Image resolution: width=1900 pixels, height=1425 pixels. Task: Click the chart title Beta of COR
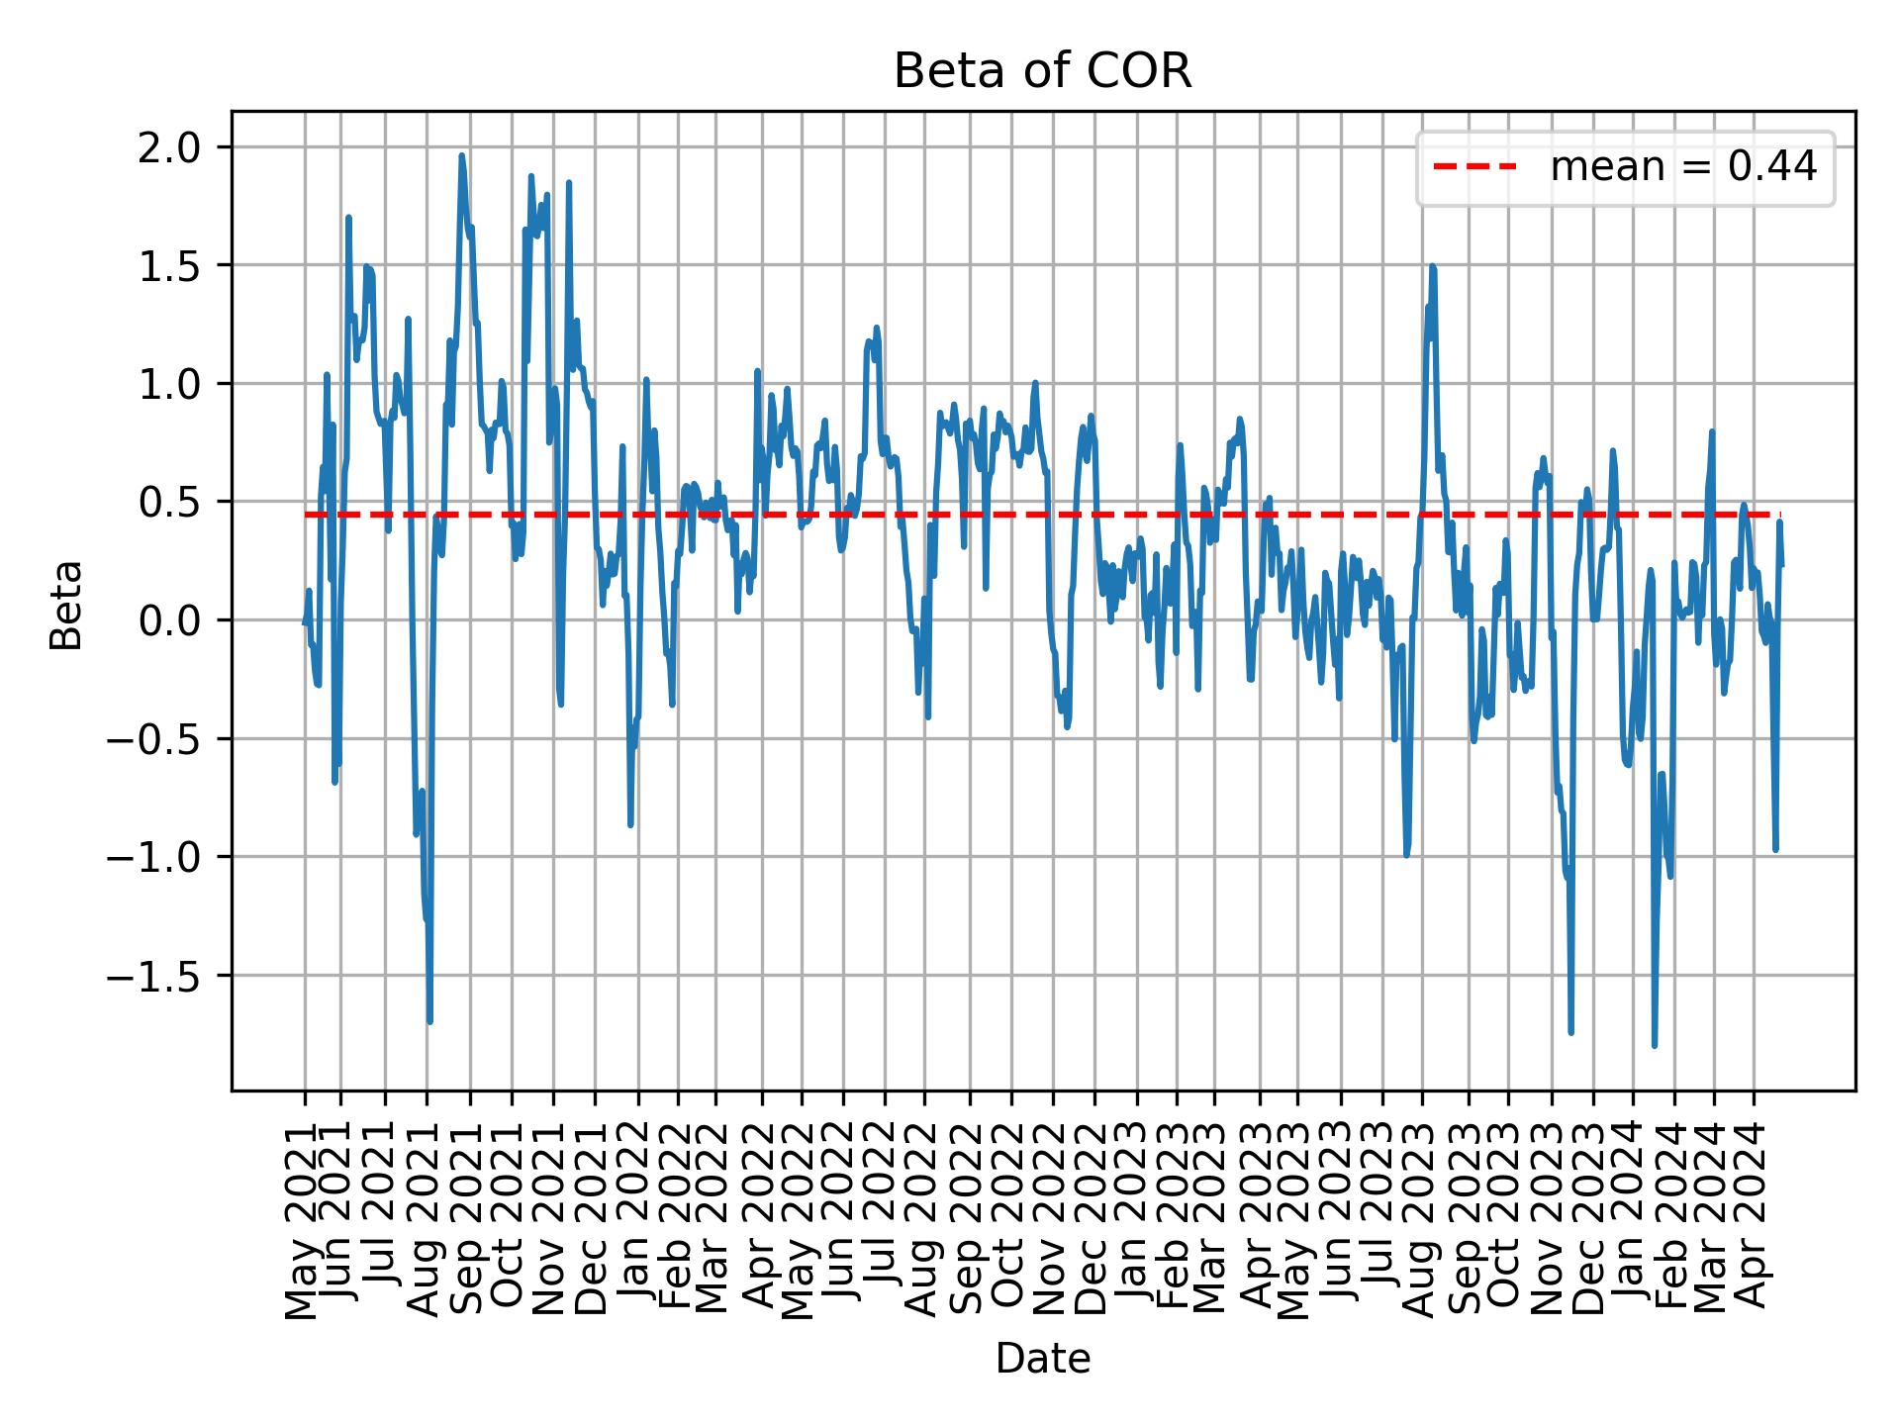click(x=1042, y=71)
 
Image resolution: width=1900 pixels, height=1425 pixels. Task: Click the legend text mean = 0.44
click(x=1682, y=168)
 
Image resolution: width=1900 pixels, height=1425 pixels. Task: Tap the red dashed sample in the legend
click(x=1474, y=168)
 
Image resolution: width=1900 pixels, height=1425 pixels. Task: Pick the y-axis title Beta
click(x=66, y=605)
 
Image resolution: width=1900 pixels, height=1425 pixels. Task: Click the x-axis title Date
click(x=1042, y=1360)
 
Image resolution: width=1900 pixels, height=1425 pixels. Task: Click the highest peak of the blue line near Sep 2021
click(x=461, y=155)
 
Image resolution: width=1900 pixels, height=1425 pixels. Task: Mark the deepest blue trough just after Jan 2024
click(x=1654, y=1045)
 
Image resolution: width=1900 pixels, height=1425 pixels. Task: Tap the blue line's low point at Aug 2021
click(x=429, y=1021)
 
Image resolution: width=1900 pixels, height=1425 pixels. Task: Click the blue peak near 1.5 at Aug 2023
click(x=1432, y=266)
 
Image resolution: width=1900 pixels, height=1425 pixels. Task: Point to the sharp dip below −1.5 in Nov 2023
click(x=1570, y=1033)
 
